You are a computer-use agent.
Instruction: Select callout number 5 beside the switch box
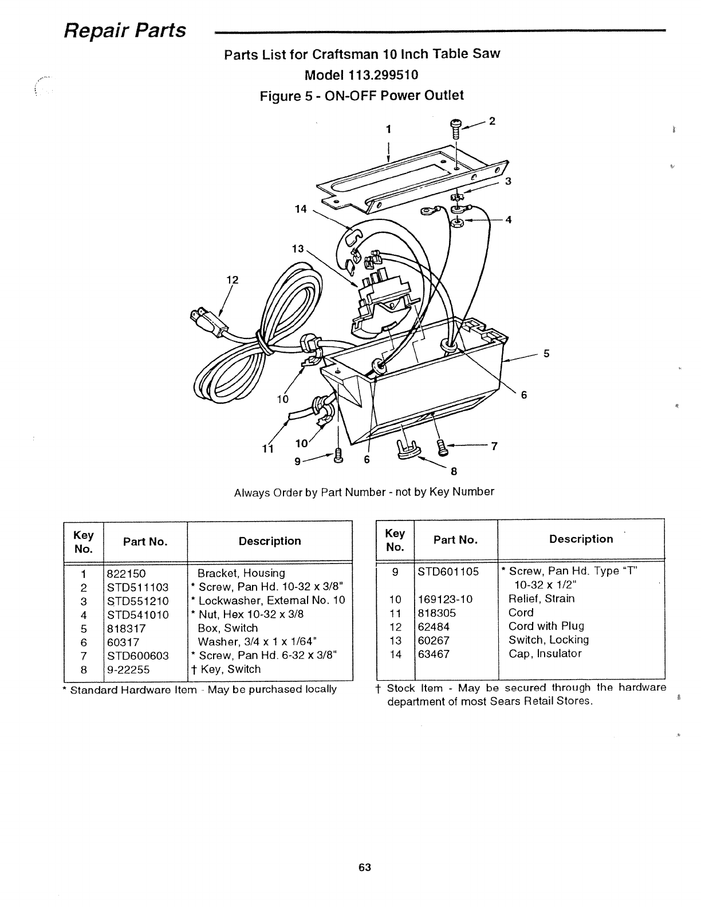[546, 353]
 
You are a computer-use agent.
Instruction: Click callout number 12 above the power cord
[232, 280]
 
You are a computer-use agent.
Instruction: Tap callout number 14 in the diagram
[301, 209]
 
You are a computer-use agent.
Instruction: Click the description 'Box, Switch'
[227, 628]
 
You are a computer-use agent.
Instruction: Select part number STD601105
[448, 571]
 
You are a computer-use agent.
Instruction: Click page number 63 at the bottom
[365, 867]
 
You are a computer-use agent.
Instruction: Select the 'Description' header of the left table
[270, 541]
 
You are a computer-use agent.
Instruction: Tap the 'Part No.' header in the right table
[455, 539]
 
